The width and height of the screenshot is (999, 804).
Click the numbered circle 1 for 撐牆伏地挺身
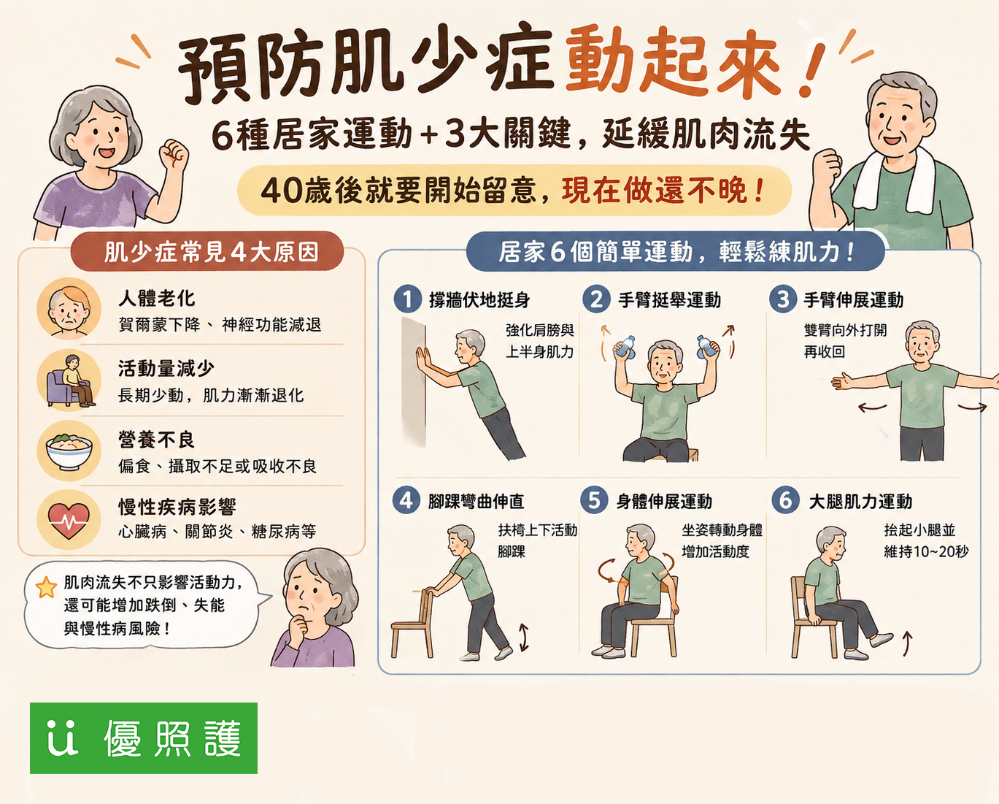pyautogui.click(x=407, y=299)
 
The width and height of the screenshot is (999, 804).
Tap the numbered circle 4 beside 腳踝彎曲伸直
pyautogui.click(x=406, y=500)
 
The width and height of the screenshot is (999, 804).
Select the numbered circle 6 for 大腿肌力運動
pyautogui.click(x=785, y=500)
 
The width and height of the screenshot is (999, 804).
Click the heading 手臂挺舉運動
pyautogui.click(x=669, y=300)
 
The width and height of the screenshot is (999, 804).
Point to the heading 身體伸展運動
pyautogui.click(x=664, y=502)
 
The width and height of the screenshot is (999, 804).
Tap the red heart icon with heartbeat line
pyautogui.click(x=69, y=520)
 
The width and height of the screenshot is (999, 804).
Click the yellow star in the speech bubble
pyautogui.click(x=46, y=588)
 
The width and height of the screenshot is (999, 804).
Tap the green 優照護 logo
pyautogui.click(x=144, y=738)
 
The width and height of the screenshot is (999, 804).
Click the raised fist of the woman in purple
pyautogui.click(x=174, y=154)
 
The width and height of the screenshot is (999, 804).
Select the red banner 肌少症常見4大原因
pyautogui.click(x=207, y=251)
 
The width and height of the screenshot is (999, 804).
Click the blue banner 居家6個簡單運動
pyautogui.click(x=676, y=251)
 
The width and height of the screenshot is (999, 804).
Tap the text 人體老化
pyautogui.click(x=156, y=298)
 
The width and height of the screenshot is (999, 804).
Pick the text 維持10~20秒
pyautogui.click(x=926, y=552)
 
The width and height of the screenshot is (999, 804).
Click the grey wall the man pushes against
pyautogui.click(x=414, y=382)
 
